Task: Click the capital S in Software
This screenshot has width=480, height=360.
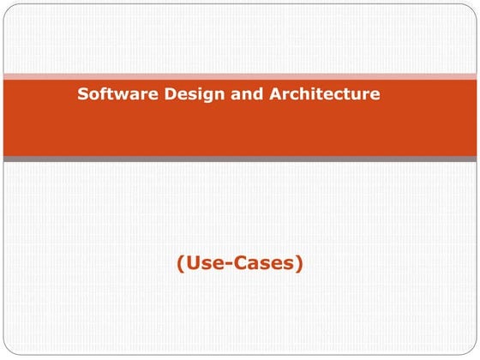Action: click(x=83, y=93)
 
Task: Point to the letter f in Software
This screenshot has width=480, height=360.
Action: click(x=101, y=93)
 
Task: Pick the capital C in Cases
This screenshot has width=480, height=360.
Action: click(x=240, y=264)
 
